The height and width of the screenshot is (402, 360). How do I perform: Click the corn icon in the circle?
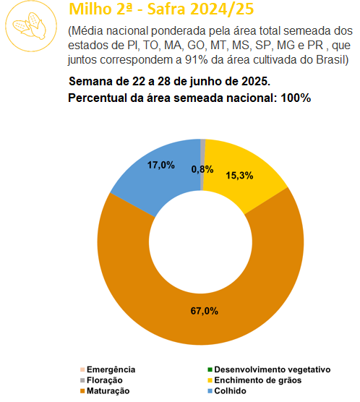30,26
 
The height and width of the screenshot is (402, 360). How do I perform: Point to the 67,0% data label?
205,311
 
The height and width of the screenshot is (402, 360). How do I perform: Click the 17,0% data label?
161,165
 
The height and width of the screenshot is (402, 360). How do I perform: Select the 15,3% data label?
239,176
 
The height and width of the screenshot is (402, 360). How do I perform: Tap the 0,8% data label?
202,169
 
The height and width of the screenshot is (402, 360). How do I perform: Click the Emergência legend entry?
108,369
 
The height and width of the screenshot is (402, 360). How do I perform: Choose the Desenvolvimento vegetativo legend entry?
269,369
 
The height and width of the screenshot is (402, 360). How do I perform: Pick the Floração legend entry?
101,380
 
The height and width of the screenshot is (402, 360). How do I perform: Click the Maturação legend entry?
105,390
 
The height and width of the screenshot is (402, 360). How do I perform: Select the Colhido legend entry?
227,390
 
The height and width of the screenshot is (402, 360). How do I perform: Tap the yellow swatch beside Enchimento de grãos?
210,380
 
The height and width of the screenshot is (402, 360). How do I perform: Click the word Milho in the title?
89,9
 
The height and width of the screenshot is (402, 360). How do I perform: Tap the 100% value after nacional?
296,98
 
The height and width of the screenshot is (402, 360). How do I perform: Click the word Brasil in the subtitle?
333,60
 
